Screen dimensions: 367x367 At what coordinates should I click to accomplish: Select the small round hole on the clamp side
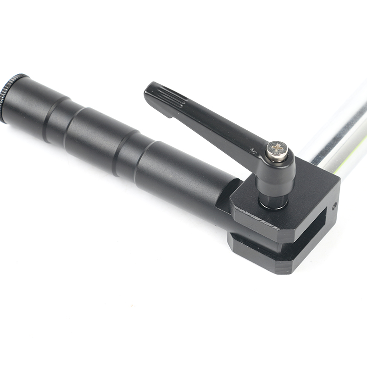coord(335,206)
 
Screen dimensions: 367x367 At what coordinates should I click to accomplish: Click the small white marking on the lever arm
coord(252,149)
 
